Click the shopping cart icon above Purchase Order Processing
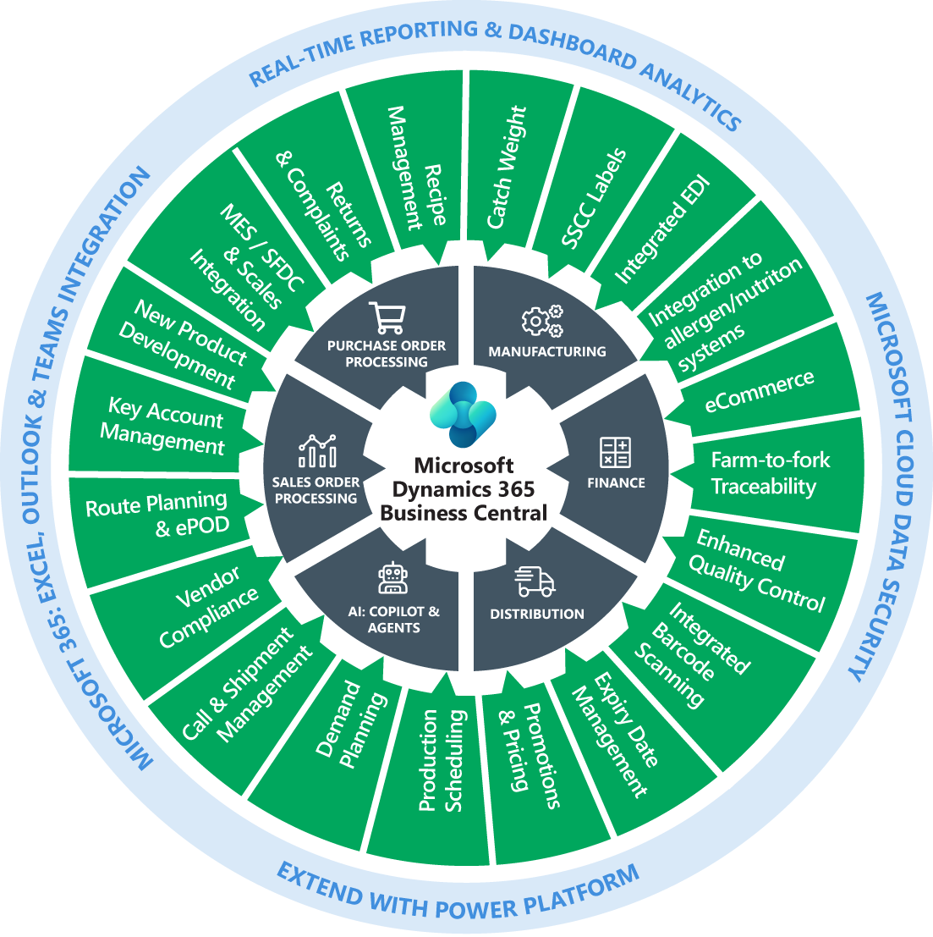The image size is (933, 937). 386,317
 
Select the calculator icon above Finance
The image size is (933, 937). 614,453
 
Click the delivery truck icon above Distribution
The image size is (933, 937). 535,581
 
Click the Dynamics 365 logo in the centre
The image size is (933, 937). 462,414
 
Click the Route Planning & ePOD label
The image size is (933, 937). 156,515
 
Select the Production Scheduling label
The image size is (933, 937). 442,761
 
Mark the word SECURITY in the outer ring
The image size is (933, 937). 868,626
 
